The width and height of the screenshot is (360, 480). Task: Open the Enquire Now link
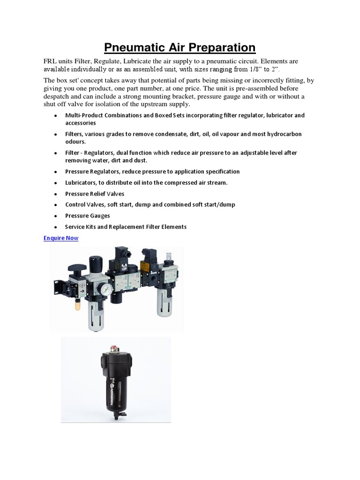pyautogui.click(x=61, y=238)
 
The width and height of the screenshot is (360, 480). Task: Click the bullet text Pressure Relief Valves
pyautogui.click(x=95, y=194)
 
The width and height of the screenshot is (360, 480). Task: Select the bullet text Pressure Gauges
pyautogui.click(x=88, y=216)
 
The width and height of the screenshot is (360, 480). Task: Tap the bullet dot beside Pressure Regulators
pyautogui.click(x=55, y=172)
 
